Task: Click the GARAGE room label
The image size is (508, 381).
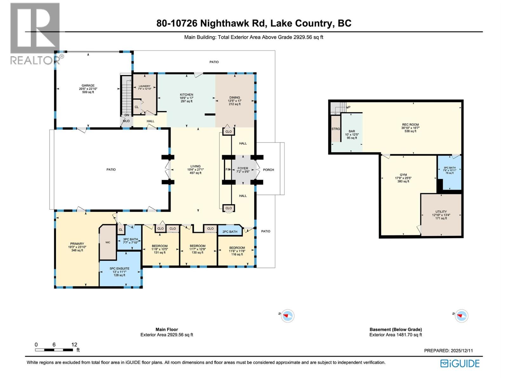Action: (88, 86)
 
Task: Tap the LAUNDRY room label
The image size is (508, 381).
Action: (144, 86)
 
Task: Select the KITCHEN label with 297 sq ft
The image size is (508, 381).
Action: (186, 95)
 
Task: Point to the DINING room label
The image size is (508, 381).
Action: (235, 97)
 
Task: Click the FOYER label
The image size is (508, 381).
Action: (243, 169)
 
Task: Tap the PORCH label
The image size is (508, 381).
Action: (268, 170)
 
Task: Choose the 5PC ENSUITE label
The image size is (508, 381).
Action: (119, 269)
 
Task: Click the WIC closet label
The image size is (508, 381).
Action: (108, 243)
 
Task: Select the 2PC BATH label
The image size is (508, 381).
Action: (230, 232)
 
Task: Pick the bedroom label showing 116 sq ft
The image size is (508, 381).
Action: (237, 248)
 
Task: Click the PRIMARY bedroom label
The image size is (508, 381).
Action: (77, 244)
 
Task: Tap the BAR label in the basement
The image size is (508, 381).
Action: (352, 131)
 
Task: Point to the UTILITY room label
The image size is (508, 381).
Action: (441, 212)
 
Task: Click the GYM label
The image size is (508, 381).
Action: (403, 175)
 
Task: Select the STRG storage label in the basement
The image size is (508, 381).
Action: (336, 129)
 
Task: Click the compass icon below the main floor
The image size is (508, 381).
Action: (288, 316)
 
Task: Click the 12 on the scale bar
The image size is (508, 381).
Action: (74, 344)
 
